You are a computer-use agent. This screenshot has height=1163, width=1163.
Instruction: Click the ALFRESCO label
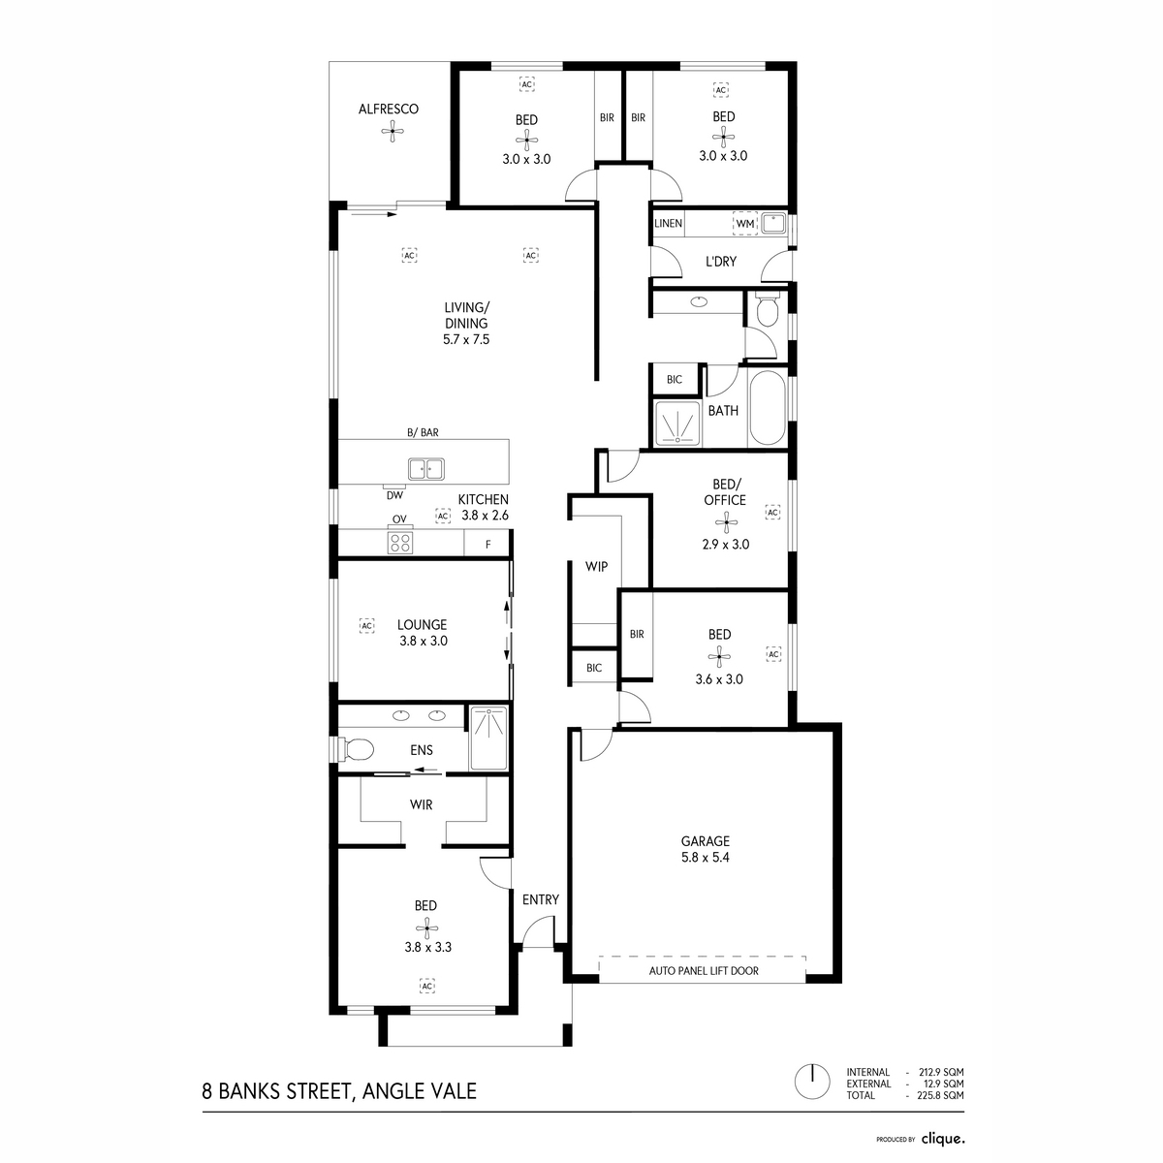[389, 110]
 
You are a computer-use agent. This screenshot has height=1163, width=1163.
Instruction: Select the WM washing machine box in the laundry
[744, 224]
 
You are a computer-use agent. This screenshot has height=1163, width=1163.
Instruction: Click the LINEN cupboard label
[668, 224]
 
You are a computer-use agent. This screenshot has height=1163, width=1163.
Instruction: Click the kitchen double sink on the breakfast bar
[425, 469]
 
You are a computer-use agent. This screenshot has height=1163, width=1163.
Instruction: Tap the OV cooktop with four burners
[400, 543]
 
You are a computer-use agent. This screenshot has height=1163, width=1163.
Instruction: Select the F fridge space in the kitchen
[487, 545]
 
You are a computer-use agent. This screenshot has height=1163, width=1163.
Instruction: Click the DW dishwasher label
[394, 494]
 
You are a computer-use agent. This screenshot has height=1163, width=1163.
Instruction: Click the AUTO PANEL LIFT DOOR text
[704, 970]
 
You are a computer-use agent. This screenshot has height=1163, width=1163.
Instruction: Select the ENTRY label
[540, 899]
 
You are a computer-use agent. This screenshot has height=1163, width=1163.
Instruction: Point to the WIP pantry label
[596, 566]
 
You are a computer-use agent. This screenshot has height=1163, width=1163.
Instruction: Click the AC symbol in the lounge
[366, 626]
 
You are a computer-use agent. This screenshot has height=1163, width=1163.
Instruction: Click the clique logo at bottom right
[942, 1139]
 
